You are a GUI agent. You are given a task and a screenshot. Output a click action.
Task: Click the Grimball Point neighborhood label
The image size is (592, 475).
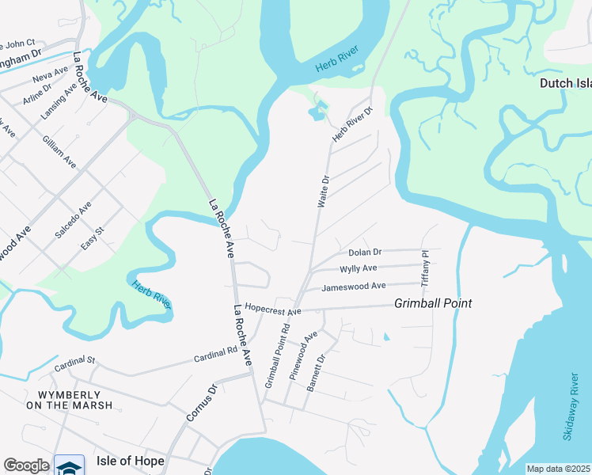[x=433, y=303]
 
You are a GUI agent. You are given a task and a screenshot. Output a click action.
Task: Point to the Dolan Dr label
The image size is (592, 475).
[x=365, y=253]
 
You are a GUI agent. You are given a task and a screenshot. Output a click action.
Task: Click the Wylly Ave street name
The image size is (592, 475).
[x=358, y=269]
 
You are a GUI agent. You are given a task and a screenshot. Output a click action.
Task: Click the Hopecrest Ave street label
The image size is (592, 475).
[x=273, y=309]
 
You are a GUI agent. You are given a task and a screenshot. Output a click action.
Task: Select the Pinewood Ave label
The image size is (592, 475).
[x=303, y=356]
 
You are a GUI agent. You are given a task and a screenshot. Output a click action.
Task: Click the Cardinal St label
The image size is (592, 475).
[x=74, y=365]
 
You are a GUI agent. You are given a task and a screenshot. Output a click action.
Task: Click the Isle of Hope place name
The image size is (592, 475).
[x=131, y=461]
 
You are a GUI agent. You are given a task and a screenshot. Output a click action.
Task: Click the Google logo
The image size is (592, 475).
[x=26, y=465]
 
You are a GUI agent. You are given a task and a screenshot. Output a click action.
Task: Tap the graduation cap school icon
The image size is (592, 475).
[x=70, y=466]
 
